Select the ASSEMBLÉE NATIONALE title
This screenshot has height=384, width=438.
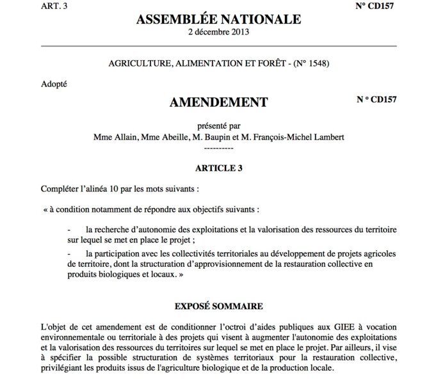218,20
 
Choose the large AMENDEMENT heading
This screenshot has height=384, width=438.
219,102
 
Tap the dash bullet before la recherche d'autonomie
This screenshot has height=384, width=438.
69,229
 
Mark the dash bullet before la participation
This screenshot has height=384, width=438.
69,255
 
